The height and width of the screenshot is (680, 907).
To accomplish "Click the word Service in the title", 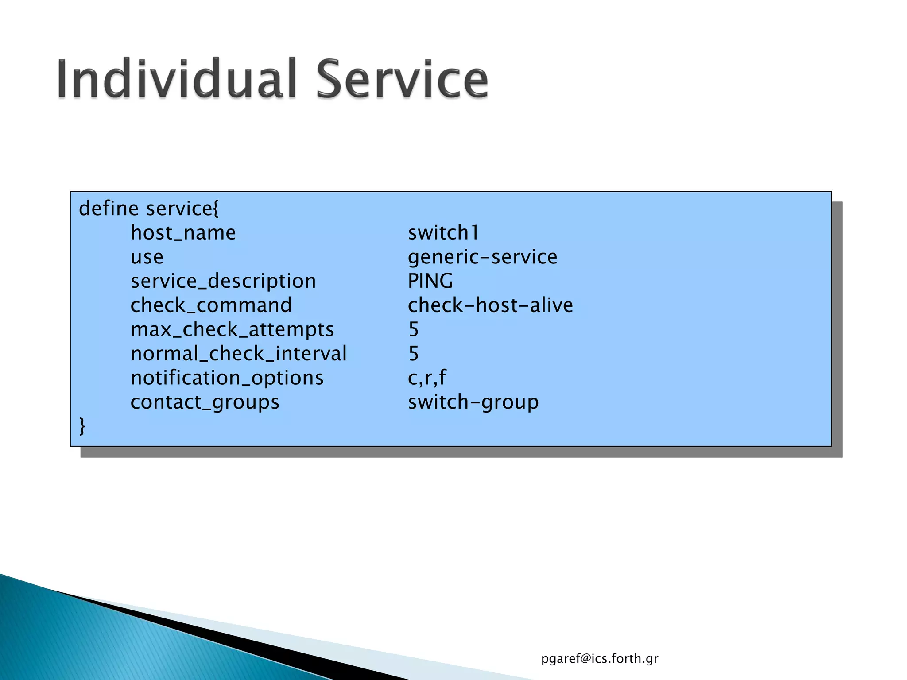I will pyautogui.click(x=402, y=79).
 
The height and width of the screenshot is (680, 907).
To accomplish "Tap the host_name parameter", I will pyautogui.click(x=183, y=233).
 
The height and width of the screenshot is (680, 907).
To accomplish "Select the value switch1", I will pyautogui.click(x=443, y=233).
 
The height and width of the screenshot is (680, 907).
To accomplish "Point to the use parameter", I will pyautogui.click(x=147, y=257).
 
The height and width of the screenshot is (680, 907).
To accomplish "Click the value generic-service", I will pyautogui.click(x=482, y=257).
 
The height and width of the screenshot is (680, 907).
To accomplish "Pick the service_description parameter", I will pyautogui.click(x=223, y=282).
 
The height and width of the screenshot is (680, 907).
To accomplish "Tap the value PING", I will pyautogui.click(x=430, y=281).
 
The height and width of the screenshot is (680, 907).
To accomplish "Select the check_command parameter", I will pyautogui.click(x=211, y=305).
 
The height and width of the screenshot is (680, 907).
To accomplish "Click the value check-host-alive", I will pyautogui.click(x=490, y=305).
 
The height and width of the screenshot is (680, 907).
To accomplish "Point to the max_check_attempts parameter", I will pyautogui.click(x=232, y=330).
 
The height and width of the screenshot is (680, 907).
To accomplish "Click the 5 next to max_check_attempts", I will pyautogui.click(x=413, y=330).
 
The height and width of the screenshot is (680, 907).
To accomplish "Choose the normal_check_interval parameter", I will pyautogui.click(x=238, y=354).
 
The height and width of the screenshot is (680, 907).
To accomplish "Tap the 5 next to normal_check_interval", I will pyautogui.click(x=413, y=354).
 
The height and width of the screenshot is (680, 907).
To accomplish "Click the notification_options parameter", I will pyautogui.click(x=227, y=378).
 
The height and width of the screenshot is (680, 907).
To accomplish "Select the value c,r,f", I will pyautogui.click(x=427, y=378).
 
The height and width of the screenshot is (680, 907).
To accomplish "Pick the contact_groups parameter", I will pyautogui.click(x=205, y=402).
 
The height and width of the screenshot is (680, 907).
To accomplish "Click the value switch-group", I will pyautogui.click(x=473, y=402).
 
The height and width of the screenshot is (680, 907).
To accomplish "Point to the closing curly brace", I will pyautogui.click(x=82, y=426).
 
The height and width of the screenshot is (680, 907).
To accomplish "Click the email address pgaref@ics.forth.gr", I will pyautogui.click(x=600, y=659).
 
